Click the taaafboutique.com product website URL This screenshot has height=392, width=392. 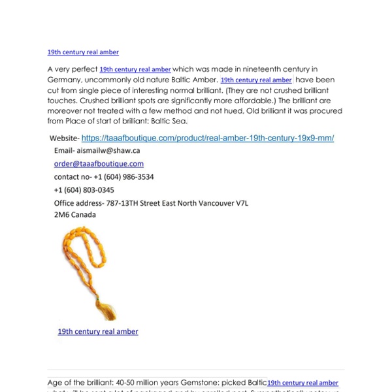[x=208, y=139]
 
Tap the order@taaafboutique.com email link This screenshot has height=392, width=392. [x=99, y=163]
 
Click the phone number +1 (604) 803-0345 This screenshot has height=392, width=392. [x=84, y=189]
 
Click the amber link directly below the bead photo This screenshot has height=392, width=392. [x=98, y=331]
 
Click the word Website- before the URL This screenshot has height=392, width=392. [x=65, y=139]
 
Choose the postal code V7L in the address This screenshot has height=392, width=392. [x=241, y=203]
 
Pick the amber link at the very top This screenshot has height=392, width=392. [x=83, y=52]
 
